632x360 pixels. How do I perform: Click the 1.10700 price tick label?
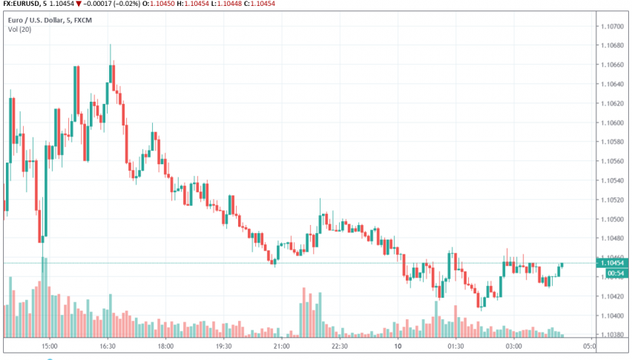pos(613,26)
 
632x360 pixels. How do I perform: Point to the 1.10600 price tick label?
pos(613,122)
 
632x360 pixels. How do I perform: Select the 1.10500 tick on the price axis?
pos(613,219)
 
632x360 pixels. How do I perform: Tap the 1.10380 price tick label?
pos(613,335)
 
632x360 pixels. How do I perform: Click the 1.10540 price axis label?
pos(613,180)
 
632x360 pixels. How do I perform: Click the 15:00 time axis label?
pos(50,347)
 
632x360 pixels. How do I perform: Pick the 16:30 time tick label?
pos(108,347)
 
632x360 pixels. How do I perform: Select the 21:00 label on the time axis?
pos(281,347)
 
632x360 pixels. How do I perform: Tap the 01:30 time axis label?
pos(455,347)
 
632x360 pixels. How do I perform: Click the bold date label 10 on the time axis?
pos(398,347)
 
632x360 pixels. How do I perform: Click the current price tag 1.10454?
pos(617,263)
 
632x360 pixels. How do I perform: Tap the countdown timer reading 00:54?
pos(614,273)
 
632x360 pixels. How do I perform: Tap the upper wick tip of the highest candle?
pos(111,45)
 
